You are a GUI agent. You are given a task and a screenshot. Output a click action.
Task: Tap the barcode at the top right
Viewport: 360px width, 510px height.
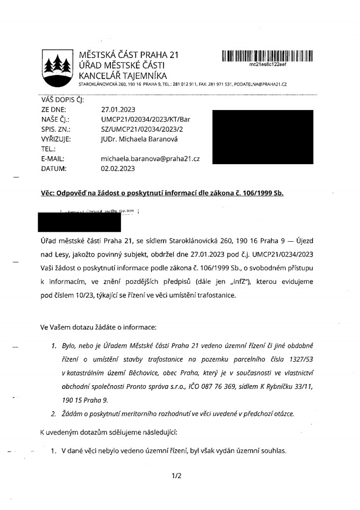[x=267, y=55]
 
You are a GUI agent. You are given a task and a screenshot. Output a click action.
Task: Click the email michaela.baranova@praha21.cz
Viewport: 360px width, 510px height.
[x=150, y=159]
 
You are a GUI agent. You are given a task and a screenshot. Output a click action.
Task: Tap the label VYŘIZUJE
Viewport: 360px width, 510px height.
[x=56, y=139]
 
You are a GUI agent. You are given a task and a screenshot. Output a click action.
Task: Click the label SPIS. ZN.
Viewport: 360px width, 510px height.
[x=55, y=129]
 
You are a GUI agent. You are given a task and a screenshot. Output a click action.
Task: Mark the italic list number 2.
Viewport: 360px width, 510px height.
[x=54, y=413]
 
